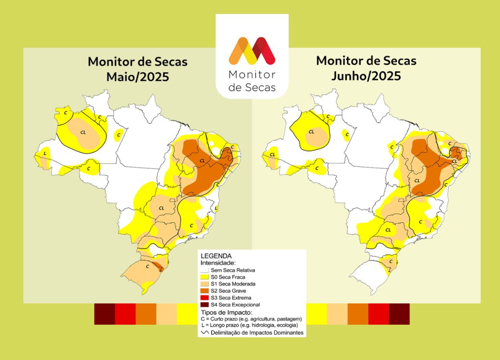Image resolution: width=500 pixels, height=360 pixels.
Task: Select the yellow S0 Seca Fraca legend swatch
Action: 204,277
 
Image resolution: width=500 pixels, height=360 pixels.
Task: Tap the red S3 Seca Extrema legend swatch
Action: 204,298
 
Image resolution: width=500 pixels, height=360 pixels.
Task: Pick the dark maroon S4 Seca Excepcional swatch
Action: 204,305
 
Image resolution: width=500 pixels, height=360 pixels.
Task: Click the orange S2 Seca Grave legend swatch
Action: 204,291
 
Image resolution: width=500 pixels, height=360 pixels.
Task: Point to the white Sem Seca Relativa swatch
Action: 204,270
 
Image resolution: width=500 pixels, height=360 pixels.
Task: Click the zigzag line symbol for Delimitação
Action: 205,332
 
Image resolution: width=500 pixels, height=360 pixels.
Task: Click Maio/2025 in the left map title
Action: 137,76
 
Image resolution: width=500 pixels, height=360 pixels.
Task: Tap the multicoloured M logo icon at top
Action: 252,51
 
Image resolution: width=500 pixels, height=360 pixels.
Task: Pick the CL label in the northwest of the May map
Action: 83,132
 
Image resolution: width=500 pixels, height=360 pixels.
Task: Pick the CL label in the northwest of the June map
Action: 311,132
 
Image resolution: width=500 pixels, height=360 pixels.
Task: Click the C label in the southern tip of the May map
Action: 147,266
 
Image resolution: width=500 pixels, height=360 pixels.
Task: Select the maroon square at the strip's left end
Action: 104,314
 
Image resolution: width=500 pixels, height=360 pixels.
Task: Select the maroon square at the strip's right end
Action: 399,314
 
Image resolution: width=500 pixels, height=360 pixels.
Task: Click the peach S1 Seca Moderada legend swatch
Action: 204,284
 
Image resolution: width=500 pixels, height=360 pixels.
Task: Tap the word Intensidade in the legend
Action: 218,263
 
